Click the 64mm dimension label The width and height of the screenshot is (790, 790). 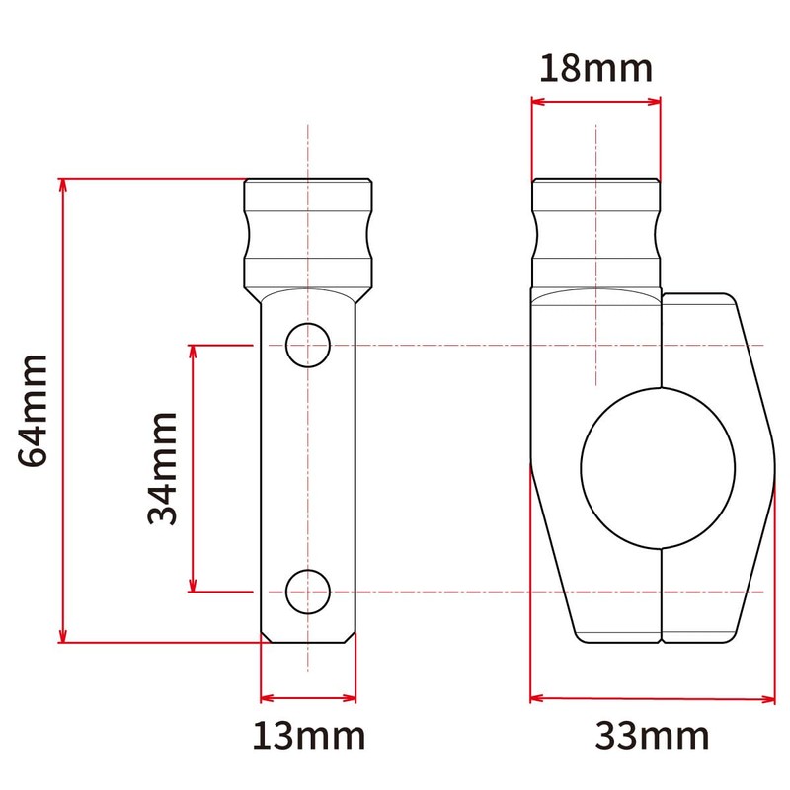tap(33, 410)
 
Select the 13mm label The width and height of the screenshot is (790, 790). tap(307, 736)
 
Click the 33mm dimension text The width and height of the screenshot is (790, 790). tap(652, 736)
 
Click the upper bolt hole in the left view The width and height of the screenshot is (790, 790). tap(307, 345)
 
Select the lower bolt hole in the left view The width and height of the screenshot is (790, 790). tap(307, 591)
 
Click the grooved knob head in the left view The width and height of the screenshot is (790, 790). tap(308, 232)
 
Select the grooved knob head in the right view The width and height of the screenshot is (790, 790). tap(595, 232)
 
